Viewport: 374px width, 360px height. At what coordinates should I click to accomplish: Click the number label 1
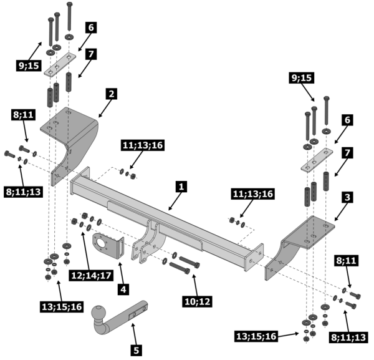[x=181, y=187]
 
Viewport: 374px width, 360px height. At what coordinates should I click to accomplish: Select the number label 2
[x=110, y=94]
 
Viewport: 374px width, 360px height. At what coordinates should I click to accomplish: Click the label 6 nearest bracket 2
[x=91, y=27]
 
